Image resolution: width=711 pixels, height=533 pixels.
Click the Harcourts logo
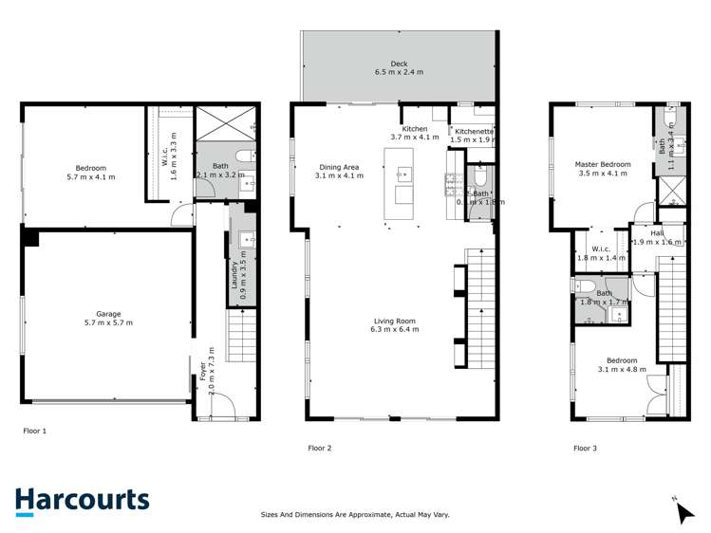coord(82,500)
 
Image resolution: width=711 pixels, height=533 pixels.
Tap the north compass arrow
coord(683,512)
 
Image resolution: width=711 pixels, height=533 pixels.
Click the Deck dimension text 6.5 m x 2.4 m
coord(398,72)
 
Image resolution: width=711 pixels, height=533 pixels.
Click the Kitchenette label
coord(473,131)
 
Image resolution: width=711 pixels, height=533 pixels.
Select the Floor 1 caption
coord(34,431)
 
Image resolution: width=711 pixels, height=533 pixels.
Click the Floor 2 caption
coord(319,448)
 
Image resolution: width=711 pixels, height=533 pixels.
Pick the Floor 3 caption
coord(585,448)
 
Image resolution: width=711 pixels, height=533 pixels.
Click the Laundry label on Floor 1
coord(234,275)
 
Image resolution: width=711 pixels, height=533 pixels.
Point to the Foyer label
coord(202,370)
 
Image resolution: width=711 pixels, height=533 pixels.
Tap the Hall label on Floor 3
coord(657,232)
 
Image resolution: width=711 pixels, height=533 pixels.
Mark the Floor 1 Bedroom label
coord(85,167)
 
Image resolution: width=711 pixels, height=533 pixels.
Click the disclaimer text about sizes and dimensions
coord(355,515)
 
